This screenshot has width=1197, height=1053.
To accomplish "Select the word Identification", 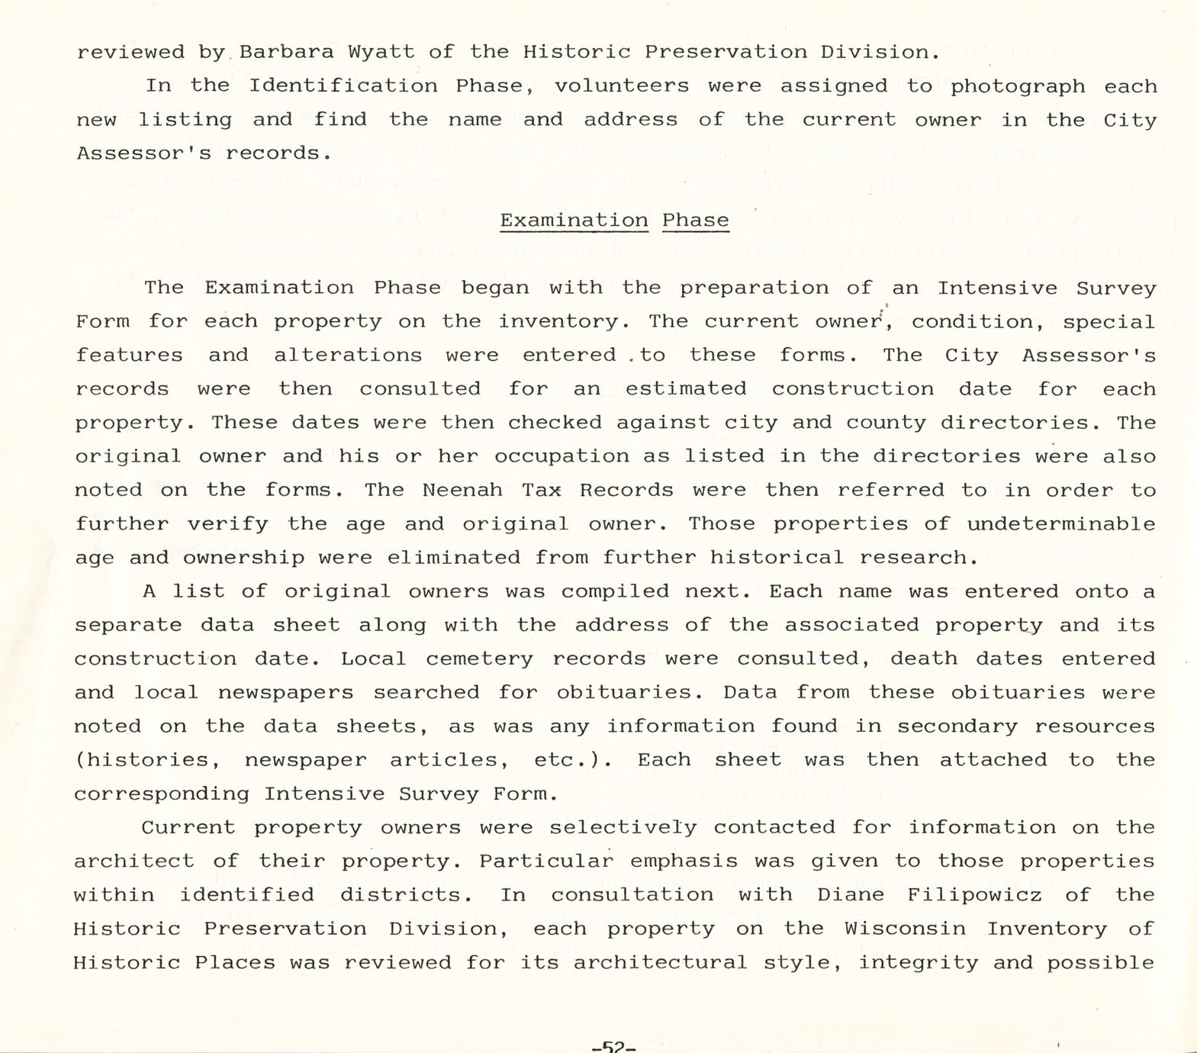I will pos(343,85).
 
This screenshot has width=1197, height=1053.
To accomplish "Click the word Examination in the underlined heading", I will pos(574,221).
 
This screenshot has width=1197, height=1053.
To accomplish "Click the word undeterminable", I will pos(1061,523).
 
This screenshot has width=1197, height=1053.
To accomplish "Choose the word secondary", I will pos(957,726).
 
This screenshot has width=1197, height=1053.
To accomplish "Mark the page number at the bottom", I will pos(613,1046).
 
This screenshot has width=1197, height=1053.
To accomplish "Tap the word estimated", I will pos(686,388).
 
